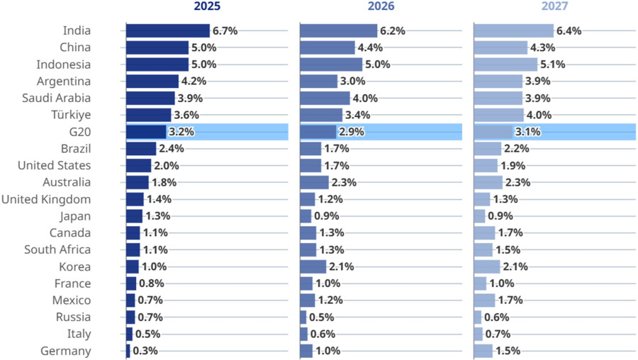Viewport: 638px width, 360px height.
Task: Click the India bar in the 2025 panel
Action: (168, 30)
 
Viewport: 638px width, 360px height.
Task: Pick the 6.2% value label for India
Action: (391, 31)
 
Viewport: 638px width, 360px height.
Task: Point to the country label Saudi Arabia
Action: (57, 98)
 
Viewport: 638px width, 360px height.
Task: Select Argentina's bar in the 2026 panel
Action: (319, 81)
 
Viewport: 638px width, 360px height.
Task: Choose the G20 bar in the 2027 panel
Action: (493, 132)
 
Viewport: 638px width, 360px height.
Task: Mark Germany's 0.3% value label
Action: (145, 351)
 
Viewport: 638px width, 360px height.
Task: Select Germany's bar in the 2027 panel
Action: (483, 351)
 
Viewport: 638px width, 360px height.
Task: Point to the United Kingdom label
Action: (46, 199)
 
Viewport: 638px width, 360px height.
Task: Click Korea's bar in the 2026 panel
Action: (313, 266)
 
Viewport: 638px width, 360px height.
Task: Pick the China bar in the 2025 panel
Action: (157, 47)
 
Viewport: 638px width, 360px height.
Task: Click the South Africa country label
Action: (57, 249)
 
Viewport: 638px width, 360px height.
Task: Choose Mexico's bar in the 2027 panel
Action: (484, 300)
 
